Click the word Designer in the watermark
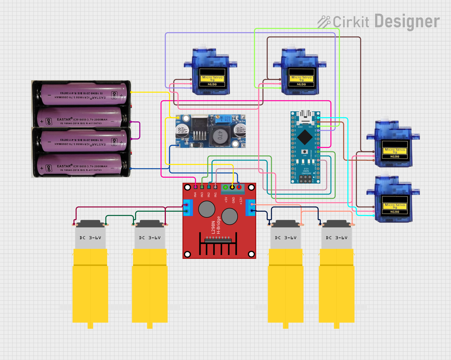pyautogui.click(x=407, y=21)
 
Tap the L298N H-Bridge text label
pyautogui.click(x=216, y=225)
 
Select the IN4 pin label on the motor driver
pyautogui.click(x=195, y=195)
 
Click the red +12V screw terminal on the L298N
pyautogui.click(x=239, y=187)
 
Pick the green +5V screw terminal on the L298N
pyautogui.click(x=225, y=187)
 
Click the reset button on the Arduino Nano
pyautogui.click(x=305, y=152)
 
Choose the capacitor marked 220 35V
pyautogui.click(x=240, y=131)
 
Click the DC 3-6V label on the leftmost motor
pyautogui.click(x=90, y=238)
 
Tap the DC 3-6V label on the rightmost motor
pyautogui.click(x=337, y=238)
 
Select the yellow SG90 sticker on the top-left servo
pyautogui.click(x=212, y=81)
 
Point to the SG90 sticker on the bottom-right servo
pyautogui.click(x=395, y=208)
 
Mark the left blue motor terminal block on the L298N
pyautogui.click(x=188, y=208)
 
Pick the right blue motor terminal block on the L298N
pyautogui.click(x=250, y=207)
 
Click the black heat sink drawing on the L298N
pyautogui.click(x=218, y=244)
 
